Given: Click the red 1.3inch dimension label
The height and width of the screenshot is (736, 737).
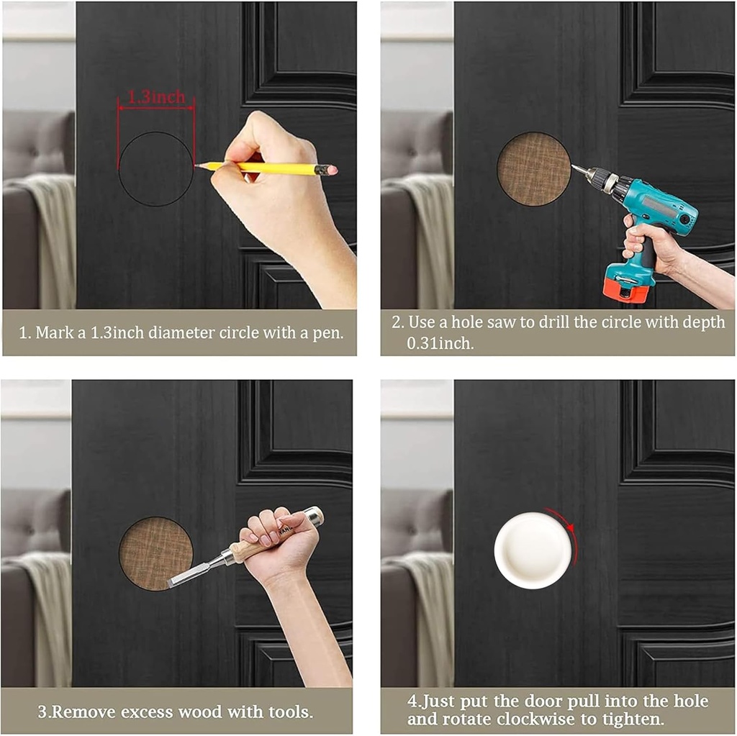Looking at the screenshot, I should click(x=156, y=97).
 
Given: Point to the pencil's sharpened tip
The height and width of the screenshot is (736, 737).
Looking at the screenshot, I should click(x=197, y=165).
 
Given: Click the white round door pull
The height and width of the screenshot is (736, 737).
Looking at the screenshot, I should click(x=533, y=550).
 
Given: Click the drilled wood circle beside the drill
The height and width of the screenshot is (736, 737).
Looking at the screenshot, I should click(x=533, y=169).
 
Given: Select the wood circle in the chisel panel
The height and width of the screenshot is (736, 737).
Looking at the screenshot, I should click(x=155, y=553).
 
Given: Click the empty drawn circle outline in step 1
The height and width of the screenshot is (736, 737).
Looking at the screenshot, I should click(x=155, y=169).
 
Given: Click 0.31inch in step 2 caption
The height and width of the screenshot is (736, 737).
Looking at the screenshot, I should click(x=440, y=344).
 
